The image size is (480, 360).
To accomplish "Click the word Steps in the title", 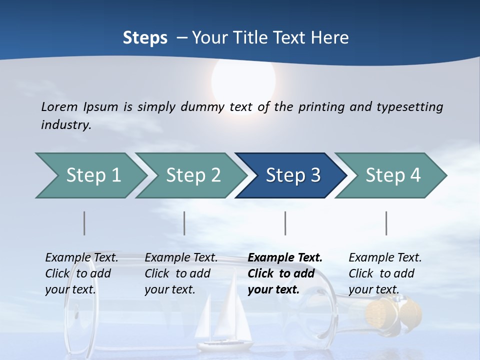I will pos(145,38).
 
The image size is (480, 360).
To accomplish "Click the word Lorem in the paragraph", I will pos(59,106).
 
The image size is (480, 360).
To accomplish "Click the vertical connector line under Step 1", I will pos(84,223).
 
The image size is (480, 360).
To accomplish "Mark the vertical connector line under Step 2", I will pos(184,223).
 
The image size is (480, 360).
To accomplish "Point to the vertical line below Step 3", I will pos(285,223).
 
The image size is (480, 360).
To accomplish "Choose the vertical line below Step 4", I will pos(386,223).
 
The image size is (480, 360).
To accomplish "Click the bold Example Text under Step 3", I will pos(285,258).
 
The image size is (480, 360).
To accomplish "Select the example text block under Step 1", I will pos(81,273).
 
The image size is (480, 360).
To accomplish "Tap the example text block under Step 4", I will pos(385,273).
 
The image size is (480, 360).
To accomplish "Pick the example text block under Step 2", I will pos(181,273).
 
